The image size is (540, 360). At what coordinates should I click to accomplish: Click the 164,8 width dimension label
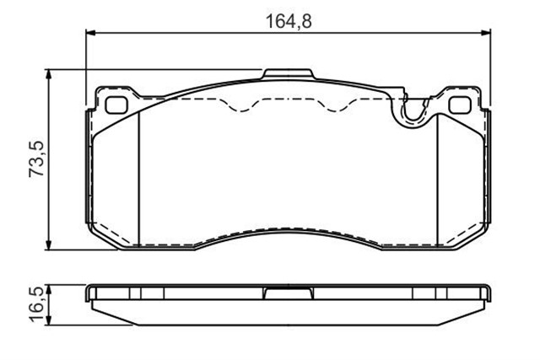click(289, 21)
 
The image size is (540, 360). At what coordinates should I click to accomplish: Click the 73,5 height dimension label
click(36, 159)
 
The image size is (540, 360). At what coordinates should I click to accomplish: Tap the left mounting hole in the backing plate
click(116, 105)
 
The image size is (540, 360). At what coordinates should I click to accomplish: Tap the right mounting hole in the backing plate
click(460, 105)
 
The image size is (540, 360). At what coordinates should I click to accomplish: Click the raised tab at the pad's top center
click(288, 74)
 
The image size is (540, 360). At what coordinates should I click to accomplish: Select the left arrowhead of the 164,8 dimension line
click(89, 33)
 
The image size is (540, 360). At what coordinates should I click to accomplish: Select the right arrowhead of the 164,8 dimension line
click(486, 33)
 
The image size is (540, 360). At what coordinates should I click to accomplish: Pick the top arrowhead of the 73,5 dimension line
click(49, 73)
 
